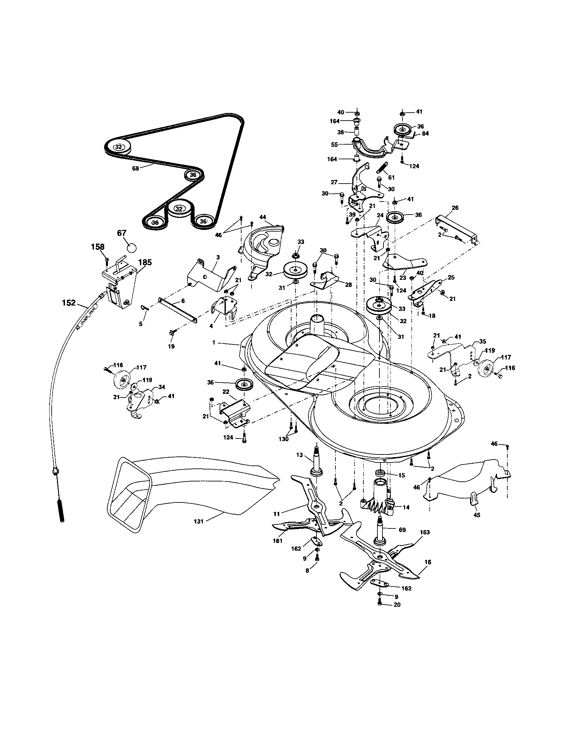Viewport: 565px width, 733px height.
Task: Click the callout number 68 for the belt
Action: tap(135, 169)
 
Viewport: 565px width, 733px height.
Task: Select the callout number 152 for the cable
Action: tap(69, 303)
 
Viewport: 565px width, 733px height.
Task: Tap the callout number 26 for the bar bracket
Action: tap(455, 208)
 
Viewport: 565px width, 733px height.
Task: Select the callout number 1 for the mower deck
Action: tap(214, 343)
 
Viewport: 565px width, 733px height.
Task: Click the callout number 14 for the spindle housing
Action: tap(406, 507)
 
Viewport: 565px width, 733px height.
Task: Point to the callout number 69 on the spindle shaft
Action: tap(402, 530)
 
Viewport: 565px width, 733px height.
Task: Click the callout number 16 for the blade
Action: tap(428, 562)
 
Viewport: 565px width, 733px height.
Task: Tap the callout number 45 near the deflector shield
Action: tap(476, 515)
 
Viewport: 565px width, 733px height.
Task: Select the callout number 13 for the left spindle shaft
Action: tap(299, 455)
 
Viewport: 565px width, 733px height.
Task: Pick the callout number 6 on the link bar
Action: tap(183, 301)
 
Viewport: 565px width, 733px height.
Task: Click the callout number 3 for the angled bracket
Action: tap(218, 258)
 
